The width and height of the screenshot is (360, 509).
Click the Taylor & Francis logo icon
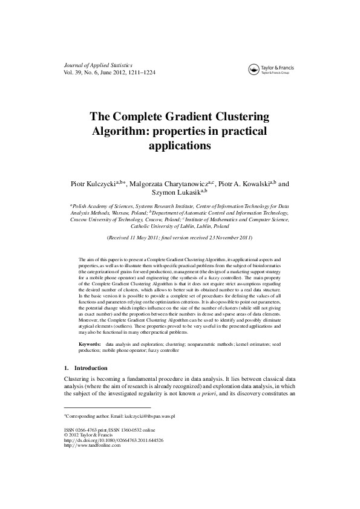pos(254,70)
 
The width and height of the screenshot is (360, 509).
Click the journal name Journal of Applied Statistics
pos(97,64)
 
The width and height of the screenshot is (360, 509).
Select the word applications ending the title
pos(180,146)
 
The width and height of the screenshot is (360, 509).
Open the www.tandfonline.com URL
pos(91,446)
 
